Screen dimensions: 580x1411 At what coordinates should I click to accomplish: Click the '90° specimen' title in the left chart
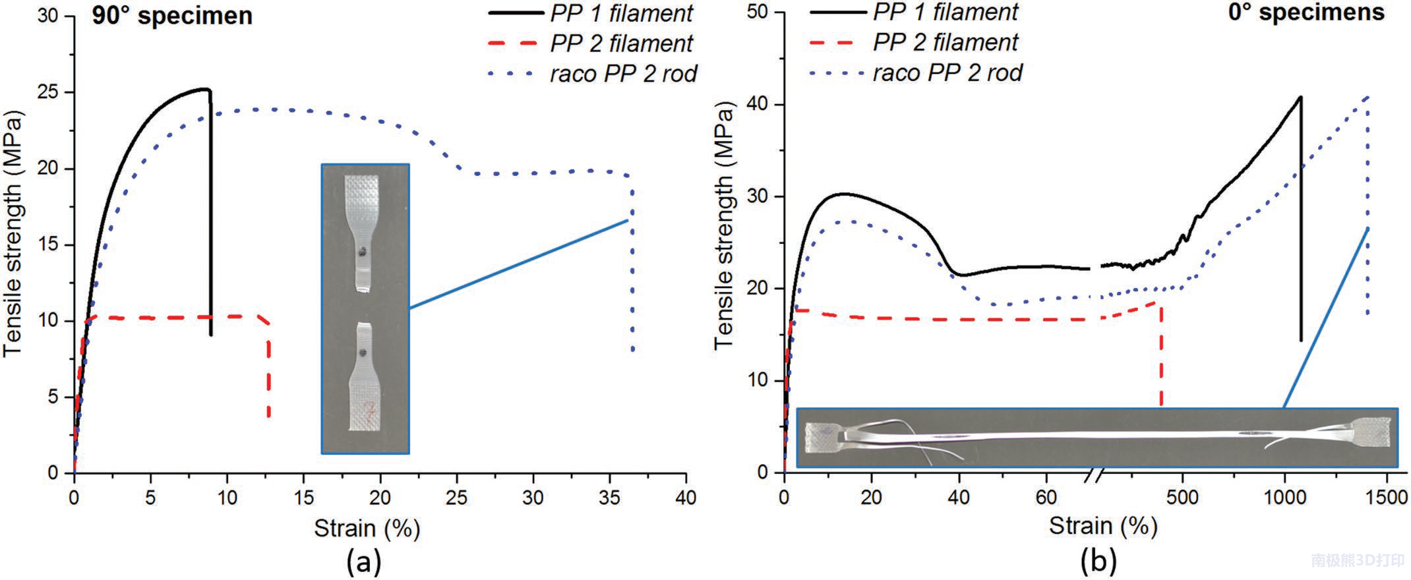(x=172, y=16)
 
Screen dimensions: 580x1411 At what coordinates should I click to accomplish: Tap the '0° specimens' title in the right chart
(x=1306, y=13)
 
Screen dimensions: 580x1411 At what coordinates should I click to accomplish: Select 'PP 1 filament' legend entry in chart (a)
(x=621, y=14)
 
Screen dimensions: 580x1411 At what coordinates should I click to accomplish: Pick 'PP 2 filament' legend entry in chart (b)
(x=945, y=43)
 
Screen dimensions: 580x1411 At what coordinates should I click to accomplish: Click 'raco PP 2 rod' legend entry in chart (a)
(x=623, y=74)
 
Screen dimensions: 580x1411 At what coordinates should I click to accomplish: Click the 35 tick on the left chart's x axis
(x=610, y=498)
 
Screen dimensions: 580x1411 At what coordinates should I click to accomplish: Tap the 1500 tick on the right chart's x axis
(x=1387, y=496)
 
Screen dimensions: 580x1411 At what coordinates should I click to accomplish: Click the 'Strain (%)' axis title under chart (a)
(x=367, y=528)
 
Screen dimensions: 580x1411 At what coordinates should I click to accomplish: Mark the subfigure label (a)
(x=364, y=562)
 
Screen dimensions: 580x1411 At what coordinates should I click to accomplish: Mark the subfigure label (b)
(x=1099, y=562)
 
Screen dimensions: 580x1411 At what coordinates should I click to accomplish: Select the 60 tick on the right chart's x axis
(x=1046, y=496)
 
